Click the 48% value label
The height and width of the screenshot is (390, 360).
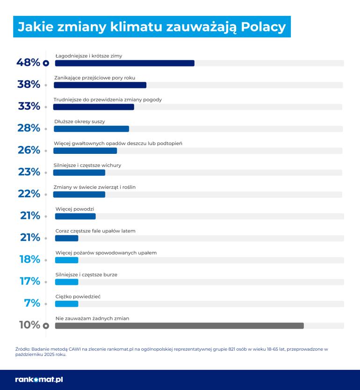[28, 63]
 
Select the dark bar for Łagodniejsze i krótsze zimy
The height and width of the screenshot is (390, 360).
[124, 63]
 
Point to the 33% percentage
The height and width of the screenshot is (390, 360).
[29, 107]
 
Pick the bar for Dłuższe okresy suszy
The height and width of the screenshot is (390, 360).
[91, 129]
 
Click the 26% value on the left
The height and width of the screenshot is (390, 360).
[29, 150]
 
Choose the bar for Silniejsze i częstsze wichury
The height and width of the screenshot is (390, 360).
[79, 173]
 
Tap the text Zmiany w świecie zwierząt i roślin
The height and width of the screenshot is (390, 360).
[94, 187]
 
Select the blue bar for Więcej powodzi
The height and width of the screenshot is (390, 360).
[75, 216]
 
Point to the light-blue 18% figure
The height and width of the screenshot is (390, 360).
[29, 260]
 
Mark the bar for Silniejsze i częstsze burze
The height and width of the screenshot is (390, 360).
[66, 282]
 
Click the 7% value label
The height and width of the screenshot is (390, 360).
[32, 303]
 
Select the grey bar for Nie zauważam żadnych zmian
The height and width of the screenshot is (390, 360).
[179, 325]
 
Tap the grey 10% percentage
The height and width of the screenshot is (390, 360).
[29, 325]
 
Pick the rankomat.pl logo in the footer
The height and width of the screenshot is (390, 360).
[39, 379]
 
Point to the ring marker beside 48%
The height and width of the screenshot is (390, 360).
[46, 63]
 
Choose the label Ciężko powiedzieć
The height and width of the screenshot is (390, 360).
[78, 296]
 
